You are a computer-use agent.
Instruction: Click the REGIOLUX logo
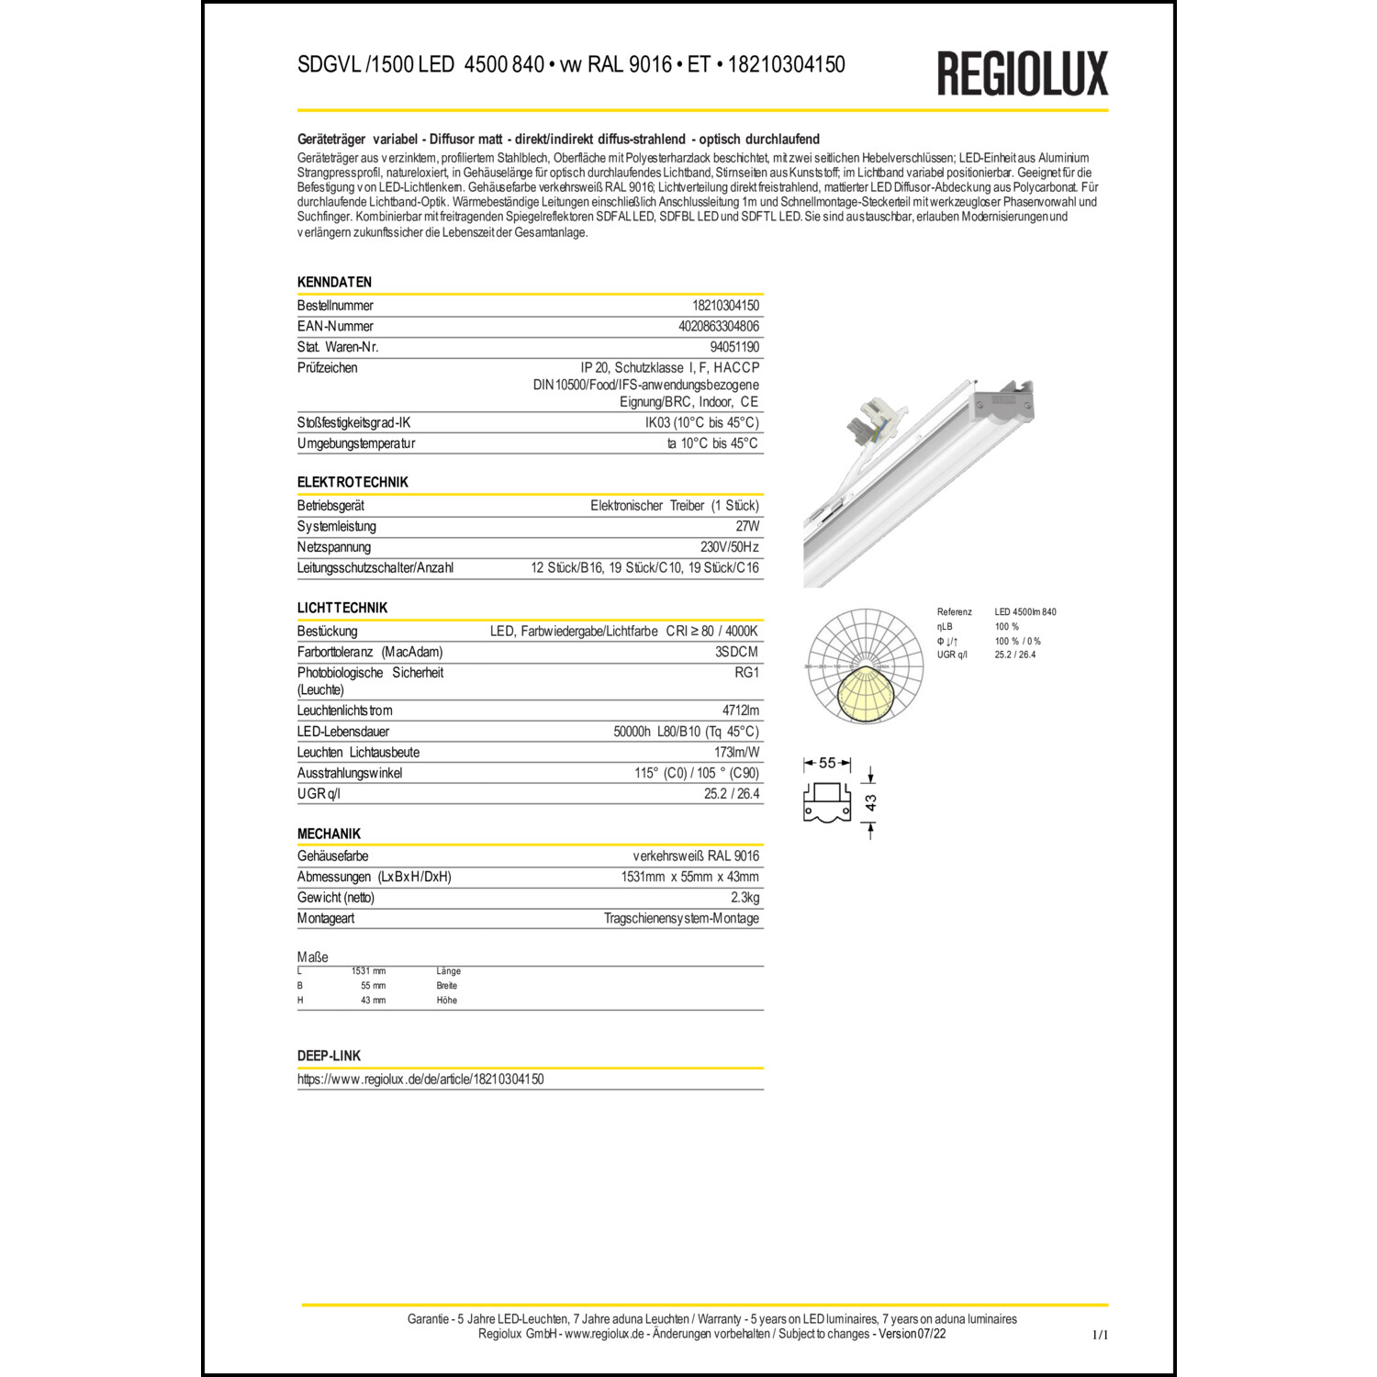coord(1022,73)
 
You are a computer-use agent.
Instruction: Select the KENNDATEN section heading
coord(334,282)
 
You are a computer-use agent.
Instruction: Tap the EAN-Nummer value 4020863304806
coord(718,326)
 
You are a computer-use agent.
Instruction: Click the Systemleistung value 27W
coord(747,526)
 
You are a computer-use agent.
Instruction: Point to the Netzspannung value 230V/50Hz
coord(729,547)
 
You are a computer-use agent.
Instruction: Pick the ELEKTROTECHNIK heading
coord(353,482)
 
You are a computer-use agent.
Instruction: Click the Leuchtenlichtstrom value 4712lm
coord(740,711)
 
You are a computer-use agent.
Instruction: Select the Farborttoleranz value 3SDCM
coord(736,652)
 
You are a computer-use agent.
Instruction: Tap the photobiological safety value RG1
coord(746,673)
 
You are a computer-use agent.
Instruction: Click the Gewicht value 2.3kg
coord(744,898)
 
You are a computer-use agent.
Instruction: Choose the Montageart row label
coord(326,919)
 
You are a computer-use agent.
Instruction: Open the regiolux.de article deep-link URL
coord(420,1080)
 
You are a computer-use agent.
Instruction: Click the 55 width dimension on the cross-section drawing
coord(827,763)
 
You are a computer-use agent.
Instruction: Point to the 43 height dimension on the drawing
coord(870,803)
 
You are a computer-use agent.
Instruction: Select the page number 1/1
coord(1100,1335)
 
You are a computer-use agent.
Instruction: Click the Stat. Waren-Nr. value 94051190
coord(734,347)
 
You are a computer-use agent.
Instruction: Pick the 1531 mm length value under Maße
coord(368,971)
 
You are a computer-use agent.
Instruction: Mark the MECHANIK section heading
coord(329,834)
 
